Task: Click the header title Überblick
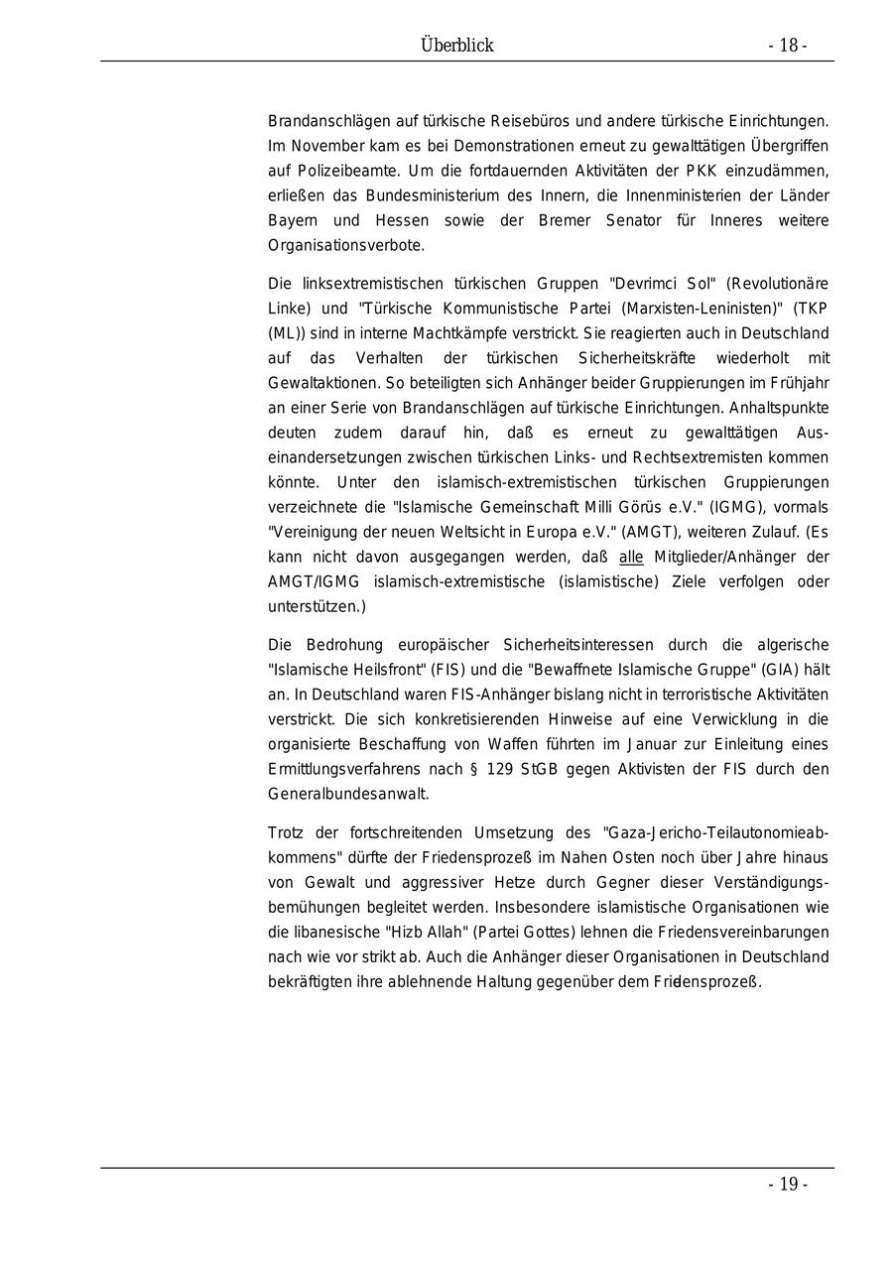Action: coord(456,46)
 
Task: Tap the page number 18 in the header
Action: coord(788,46)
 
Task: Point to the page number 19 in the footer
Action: coord(788,1184)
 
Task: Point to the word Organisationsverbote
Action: coord(346,245)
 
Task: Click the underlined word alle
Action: coord(631,558)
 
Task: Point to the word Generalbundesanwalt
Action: coord(348,794)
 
